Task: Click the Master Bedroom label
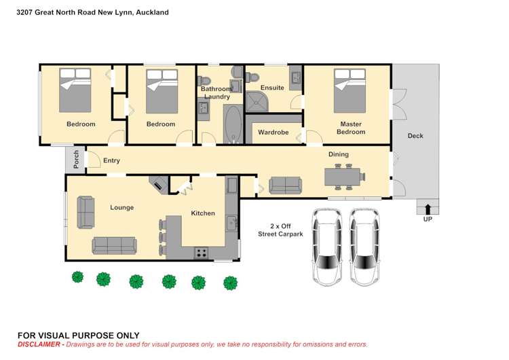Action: [x=350, y=128]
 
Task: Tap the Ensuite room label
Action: [x=272, y=88]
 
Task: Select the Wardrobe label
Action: [x=274, y=132]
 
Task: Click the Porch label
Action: [x=76, y=158]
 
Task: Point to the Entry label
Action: [x=111, y=161]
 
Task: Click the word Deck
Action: [x=415, y=136]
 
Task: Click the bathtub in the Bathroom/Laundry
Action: [x=232, y=124]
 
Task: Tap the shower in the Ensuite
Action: [x=258, y=101]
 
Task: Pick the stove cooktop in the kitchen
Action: [x=202, y=253]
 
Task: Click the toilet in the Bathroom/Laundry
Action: [x=235, y=73]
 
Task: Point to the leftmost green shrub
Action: [x=77, y=277]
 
